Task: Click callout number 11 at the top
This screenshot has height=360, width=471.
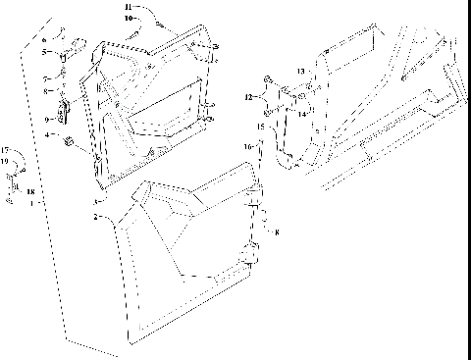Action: pos(129,8)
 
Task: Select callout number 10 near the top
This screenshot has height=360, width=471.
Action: pos(129,18)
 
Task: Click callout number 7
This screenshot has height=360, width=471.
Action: pos(45,77)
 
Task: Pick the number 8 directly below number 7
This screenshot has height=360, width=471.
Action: pos(45,90)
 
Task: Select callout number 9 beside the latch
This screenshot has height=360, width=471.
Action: pos(45,118)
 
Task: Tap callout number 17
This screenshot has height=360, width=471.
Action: pos(5,150)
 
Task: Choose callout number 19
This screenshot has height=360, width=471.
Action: pos(5,159)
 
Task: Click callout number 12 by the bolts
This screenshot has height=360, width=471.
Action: pos(248,96)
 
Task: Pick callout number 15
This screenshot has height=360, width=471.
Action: pos(261,128)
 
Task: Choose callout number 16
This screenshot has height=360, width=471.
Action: pos(249,145)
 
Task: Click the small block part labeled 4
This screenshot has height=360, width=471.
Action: pos(70,143)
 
